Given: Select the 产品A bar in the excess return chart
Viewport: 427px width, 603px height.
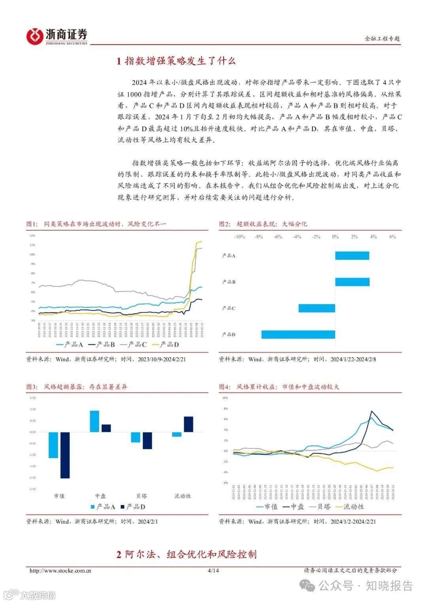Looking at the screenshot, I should point(352,255).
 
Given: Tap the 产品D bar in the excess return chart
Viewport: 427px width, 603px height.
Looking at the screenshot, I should point(298,334).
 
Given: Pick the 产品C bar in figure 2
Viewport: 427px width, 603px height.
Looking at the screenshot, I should point(317,308).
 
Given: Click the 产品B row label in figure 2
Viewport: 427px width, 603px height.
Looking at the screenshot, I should point(229,282).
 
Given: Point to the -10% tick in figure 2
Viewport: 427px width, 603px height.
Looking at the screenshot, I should point(240,237).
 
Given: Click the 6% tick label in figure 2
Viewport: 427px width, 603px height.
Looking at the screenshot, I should point(393,237).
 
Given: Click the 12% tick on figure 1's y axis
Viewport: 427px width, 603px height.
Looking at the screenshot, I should point(32,236).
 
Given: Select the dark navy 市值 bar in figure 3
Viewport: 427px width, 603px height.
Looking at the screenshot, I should point(65,455).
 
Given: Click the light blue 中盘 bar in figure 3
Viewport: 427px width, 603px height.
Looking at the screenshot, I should point(94,421).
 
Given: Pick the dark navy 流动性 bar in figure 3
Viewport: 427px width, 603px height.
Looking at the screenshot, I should point(189,424).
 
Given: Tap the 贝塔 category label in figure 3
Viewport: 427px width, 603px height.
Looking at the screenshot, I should point(142,496).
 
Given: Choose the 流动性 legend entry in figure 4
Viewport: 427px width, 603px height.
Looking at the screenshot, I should point(350,507).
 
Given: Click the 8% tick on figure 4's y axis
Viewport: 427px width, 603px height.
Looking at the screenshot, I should point(226,409).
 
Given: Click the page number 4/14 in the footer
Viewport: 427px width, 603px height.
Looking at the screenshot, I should point(213,570).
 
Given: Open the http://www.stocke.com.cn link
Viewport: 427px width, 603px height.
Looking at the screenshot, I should point(60,570).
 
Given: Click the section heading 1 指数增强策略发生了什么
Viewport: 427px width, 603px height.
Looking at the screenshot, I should point(176,61).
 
